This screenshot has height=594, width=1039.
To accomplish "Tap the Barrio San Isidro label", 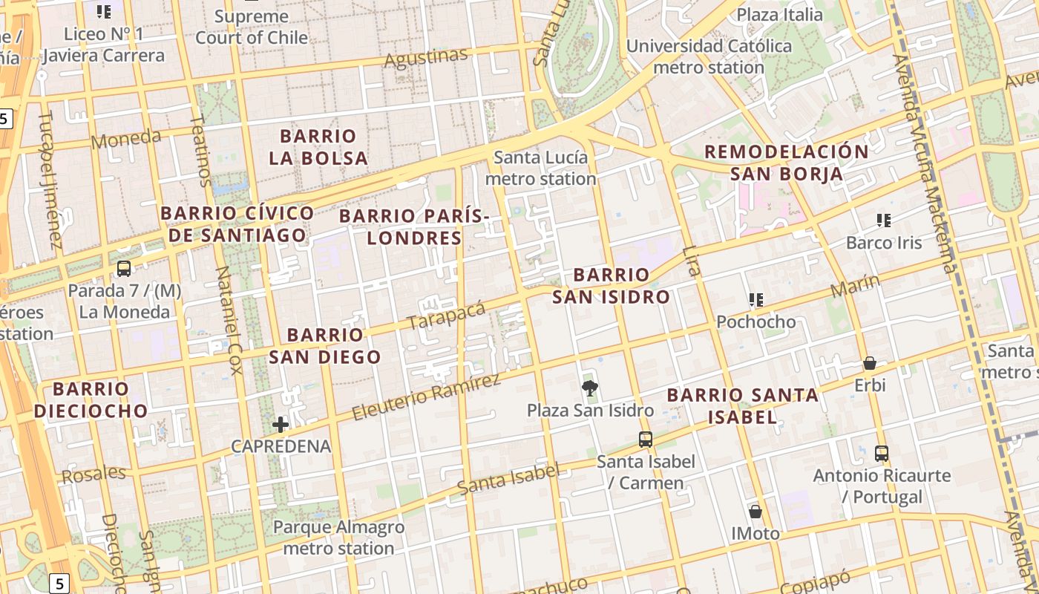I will (x=611, y=286).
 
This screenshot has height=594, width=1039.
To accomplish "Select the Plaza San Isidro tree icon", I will (x=590, y=388).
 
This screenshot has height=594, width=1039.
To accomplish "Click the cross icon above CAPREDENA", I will (x=281, y=425).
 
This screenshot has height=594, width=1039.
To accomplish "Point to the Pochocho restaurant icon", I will (x=756, y=300).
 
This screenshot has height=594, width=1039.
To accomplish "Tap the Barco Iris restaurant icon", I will (x=883, y=220).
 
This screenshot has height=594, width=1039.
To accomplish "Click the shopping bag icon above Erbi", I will (x=869, y=363).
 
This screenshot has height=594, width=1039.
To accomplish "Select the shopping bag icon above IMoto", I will (x=756, y=512).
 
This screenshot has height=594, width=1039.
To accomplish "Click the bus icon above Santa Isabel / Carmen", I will (x=646, y=440).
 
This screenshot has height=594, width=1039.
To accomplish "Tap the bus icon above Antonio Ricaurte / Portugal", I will (x=882, y=453).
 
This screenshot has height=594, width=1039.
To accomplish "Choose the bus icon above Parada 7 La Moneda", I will (x=124, y=269).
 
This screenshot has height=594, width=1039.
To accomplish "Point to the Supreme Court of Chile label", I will (x=252, y=27).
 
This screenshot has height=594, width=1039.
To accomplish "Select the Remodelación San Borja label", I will (x=786, y=163).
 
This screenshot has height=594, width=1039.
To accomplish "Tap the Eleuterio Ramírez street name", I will (x=426, y=397).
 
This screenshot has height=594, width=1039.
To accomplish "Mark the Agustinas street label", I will (x=426, y=58).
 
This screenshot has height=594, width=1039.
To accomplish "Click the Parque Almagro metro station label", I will (x=338, y=538).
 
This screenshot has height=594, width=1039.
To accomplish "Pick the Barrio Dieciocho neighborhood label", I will (x=91, y=399).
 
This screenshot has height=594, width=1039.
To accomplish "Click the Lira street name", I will (x=692, y=261).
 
